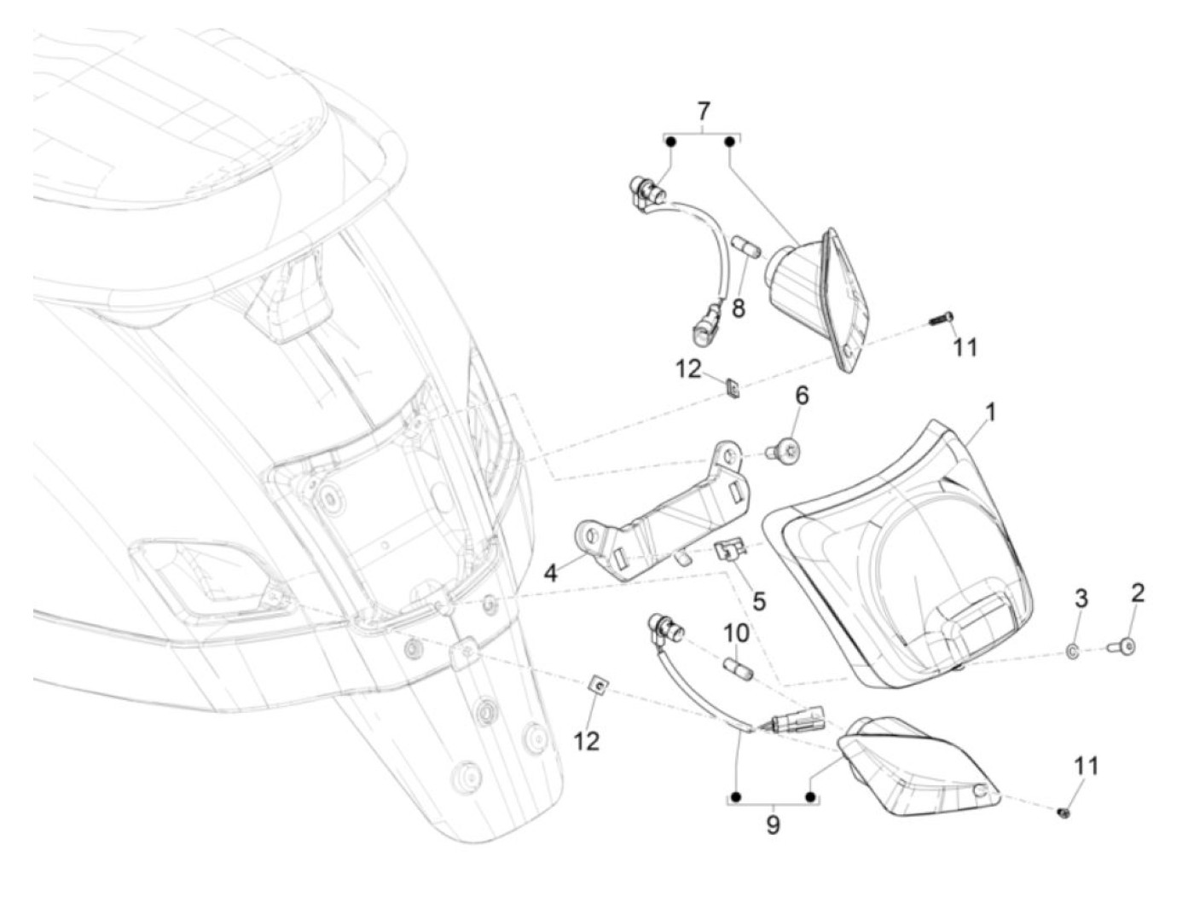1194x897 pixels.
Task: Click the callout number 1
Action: (x=989, y=414)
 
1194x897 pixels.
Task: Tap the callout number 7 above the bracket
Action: (x=703, y=112)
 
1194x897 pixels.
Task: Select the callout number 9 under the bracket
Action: (x=773, y=825)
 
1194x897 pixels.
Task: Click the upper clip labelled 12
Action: (x=733, y=388)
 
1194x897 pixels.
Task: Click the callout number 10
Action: (x=736, y=634)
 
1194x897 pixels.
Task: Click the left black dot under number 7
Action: (x=671, y=142)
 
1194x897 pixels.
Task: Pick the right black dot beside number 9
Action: (x=811, y=798)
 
